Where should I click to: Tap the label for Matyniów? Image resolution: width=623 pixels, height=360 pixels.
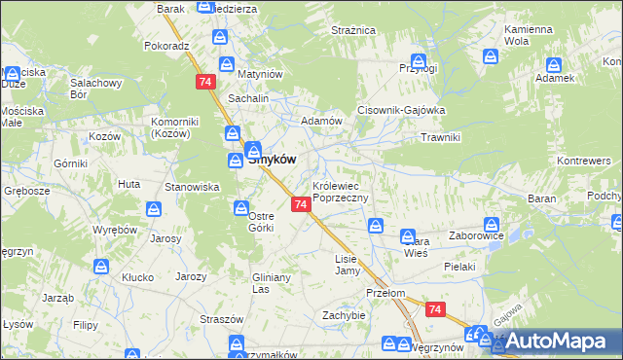[x=261, y=74]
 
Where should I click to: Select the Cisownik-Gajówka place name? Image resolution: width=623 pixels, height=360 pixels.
[x=402, y=110]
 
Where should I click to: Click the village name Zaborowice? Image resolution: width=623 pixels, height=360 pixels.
[x=476, y=235]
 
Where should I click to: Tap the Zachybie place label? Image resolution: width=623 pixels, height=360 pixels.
[x=344, y=315]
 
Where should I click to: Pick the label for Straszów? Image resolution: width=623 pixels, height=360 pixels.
[x=222, y=318]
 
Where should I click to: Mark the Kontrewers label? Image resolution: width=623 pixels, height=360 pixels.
[x=583, y=160]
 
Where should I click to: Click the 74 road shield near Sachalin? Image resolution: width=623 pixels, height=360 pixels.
[x=204, y=83]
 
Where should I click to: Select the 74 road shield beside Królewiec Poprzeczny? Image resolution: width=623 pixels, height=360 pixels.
[x=301, y=204]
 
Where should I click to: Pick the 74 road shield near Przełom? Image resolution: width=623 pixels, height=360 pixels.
[x=435, y=309]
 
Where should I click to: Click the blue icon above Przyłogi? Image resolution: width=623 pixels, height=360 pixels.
[x=419, y=60]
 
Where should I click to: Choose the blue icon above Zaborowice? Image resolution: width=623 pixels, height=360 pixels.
[x=492, y=224]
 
